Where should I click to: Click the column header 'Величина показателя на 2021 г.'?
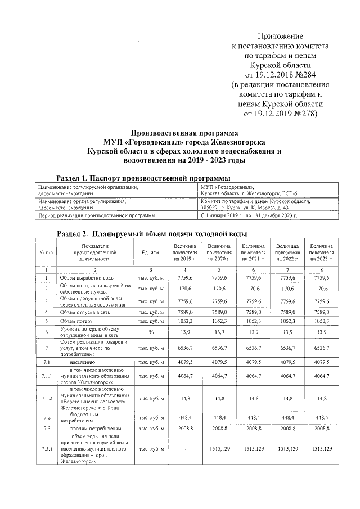[x=253, y=254]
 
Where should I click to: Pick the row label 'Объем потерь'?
[x=76, y=321]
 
